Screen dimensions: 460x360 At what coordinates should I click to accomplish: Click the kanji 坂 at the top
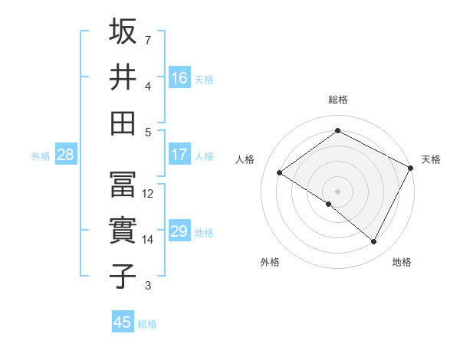(123, 31)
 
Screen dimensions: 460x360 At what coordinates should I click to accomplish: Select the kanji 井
(123, 77)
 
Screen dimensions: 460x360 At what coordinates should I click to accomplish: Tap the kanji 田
(123, 122)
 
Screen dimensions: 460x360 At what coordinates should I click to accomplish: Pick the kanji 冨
(123, 185)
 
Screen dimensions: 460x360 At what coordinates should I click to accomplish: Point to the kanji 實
(123, 231)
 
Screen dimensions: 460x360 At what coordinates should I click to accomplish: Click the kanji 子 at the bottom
(123, 276)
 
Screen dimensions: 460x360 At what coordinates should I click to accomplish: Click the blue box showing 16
(179, 78)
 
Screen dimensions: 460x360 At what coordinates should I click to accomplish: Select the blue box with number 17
(179, 155)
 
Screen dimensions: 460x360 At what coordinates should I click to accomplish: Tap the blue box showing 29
(179, 231)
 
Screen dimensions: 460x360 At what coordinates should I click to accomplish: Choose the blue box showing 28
(65, 155)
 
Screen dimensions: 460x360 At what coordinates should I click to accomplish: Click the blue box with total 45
(122, 322)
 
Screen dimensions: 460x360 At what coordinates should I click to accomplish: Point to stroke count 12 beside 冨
(149, 194)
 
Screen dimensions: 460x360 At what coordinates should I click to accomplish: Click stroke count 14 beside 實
(149, 240)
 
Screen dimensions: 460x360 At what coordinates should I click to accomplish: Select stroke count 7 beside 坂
(148, 39)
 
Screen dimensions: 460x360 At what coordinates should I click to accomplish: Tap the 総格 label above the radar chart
(337, 100)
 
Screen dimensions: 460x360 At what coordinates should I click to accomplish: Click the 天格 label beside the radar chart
(431, 159)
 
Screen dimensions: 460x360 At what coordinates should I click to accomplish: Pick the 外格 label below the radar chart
(270, 262)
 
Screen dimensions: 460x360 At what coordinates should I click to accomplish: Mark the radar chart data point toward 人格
(280, 173)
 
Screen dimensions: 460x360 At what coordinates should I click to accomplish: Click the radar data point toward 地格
(374, 242)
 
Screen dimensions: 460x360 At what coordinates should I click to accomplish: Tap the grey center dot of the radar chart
(337, 191)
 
